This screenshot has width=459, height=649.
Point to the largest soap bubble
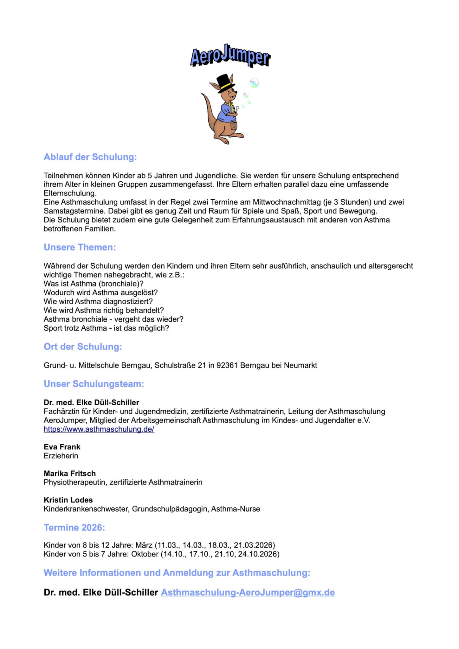[254, 83]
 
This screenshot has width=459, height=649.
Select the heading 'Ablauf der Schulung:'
[90, 157]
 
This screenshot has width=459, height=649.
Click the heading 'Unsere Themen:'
[80, 247]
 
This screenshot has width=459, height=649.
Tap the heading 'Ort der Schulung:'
[83, 347]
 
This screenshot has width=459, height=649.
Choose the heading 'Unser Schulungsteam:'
[94, 384]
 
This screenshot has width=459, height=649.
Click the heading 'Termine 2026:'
[74, 528]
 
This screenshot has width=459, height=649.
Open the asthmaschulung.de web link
[99, 429]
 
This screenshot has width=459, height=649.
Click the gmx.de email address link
[248, 593]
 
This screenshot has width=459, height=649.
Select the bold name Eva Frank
[62, 447]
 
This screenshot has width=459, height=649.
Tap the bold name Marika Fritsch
[70, 473]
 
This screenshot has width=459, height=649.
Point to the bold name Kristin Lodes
[68, 500]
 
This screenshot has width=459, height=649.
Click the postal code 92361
[227, 365]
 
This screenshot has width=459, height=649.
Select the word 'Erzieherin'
[61, 456]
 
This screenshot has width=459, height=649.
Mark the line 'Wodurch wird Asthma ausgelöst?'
[101, 292]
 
